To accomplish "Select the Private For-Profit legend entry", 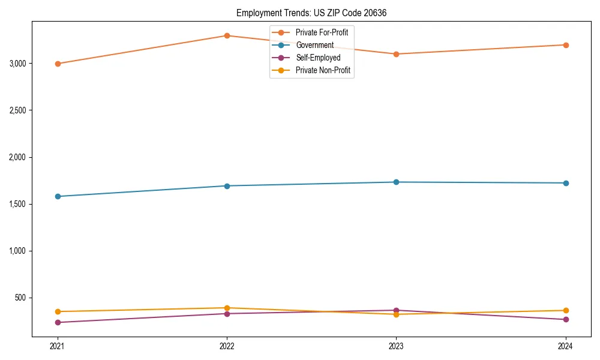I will point(322,32).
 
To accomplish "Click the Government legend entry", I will point(314,45).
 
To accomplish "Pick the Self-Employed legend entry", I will point(317,58).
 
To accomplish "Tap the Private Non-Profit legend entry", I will point(323,70).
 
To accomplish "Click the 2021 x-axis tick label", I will point(58,346).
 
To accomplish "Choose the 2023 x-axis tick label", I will point(396,346).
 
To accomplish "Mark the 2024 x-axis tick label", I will point(565,346).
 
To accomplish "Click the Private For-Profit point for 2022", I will point(227,35).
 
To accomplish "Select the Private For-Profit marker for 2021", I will point(58,64).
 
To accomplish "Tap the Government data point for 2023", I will point(396,182).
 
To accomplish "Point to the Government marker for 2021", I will point(58,196).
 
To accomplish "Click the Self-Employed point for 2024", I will point(565,319).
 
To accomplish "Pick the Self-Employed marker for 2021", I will point(58,322).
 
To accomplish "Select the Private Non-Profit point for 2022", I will point(227,308).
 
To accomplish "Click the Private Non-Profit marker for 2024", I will point(565,310).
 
